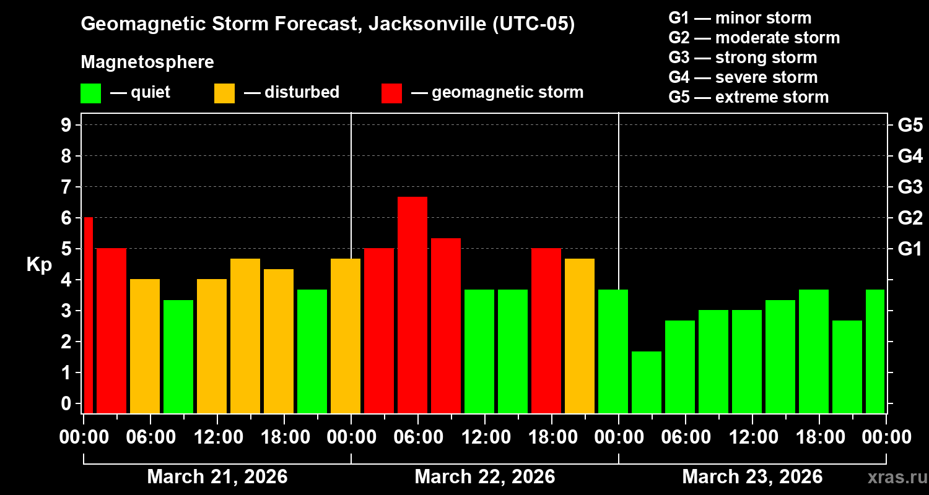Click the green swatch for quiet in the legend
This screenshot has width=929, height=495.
pos(90,93)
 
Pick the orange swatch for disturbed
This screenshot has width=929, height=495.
pos(224,93)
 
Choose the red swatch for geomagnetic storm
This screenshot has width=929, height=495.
pos(391,93)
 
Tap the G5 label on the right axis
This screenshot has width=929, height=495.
pos(910,125)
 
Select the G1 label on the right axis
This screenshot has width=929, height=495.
pos(910,249)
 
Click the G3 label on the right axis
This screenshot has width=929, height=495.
pos(910,187)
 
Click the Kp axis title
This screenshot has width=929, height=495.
pos(39,265)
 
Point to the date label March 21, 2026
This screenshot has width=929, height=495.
pos(217,477)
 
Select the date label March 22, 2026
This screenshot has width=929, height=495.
pos(484,477)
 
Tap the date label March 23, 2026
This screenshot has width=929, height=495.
pos(752,477)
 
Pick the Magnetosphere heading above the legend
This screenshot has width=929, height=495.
pos(147,62)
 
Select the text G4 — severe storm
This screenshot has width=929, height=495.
pos(743,77)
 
